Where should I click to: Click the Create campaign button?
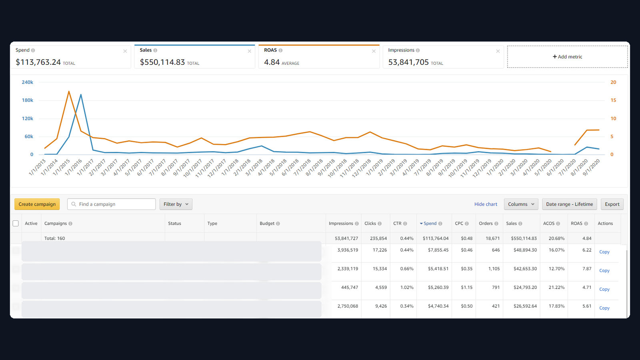tap(37, 204)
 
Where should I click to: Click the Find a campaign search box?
tap(112, 204)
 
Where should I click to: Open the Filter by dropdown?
tap(176, 204)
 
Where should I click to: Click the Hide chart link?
tap(486, 204)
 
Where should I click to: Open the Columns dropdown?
tap(521, 204)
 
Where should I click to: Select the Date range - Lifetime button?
tap(570, 204)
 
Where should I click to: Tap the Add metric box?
tap(568, 56)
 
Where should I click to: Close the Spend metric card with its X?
tap(125, 51)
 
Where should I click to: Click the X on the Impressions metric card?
tap(498, 51)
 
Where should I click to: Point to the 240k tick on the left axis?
tap(28, 82)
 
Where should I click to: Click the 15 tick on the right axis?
tap(613, 100)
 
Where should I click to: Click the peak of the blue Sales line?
tap(81, 94)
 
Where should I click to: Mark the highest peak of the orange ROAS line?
tap(69, 92)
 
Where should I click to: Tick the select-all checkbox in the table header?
tap(16, 224)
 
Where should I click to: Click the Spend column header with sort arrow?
tap(430, 224)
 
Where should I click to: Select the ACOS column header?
tap(551, 224)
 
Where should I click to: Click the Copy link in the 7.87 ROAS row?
tap(604, 270)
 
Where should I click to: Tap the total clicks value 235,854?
tap(378, 238)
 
